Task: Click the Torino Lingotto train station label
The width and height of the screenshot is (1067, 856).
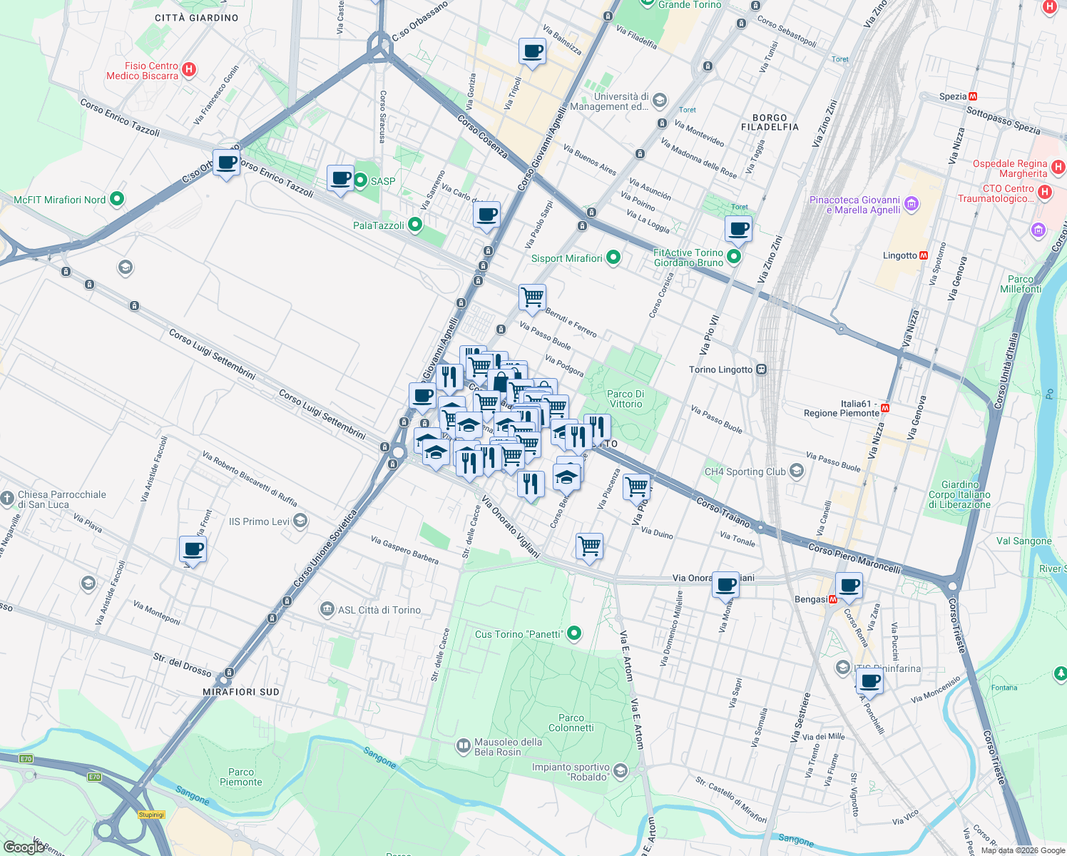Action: click(720, 370)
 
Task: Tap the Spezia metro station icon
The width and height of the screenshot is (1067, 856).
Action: click(973, 96)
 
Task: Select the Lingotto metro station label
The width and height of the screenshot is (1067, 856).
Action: click(899, 255)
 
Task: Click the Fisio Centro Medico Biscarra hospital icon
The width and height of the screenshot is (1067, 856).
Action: click(189, 69)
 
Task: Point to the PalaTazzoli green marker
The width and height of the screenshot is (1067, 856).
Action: click(415, 225)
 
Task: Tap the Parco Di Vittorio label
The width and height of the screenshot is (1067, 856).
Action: click(625, 399)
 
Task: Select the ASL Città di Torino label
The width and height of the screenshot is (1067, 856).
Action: click(379, 610)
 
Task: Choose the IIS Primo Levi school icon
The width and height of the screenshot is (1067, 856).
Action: click(300, 521)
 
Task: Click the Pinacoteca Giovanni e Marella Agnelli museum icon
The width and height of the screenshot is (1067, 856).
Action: click(911, 205)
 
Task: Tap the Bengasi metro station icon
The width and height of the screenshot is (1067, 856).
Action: click(832, 599)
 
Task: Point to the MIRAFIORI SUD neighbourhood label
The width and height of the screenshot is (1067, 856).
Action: click(241, 692)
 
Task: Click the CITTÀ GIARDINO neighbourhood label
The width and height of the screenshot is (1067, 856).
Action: click(197, 18)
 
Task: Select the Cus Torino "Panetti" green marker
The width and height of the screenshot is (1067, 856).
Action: click(574, 633)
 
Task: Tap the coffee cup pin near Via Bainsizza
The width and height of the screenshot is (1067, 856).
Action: click(532, 51)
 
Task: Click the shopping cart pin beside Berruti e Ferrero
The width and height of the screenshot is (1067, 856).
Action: click(532, 297)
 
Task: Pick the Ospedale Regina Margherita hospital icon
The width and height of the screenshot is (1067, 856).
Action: click(1058, 168)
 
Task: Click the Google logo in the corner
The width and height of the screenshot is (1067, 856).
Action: click(24, 847)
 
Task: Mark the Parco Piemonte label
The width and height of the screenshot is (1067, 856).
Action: click(241, 777)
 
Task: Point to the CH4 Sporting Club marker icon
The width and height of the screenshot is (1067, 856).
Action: click(797, 471)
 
